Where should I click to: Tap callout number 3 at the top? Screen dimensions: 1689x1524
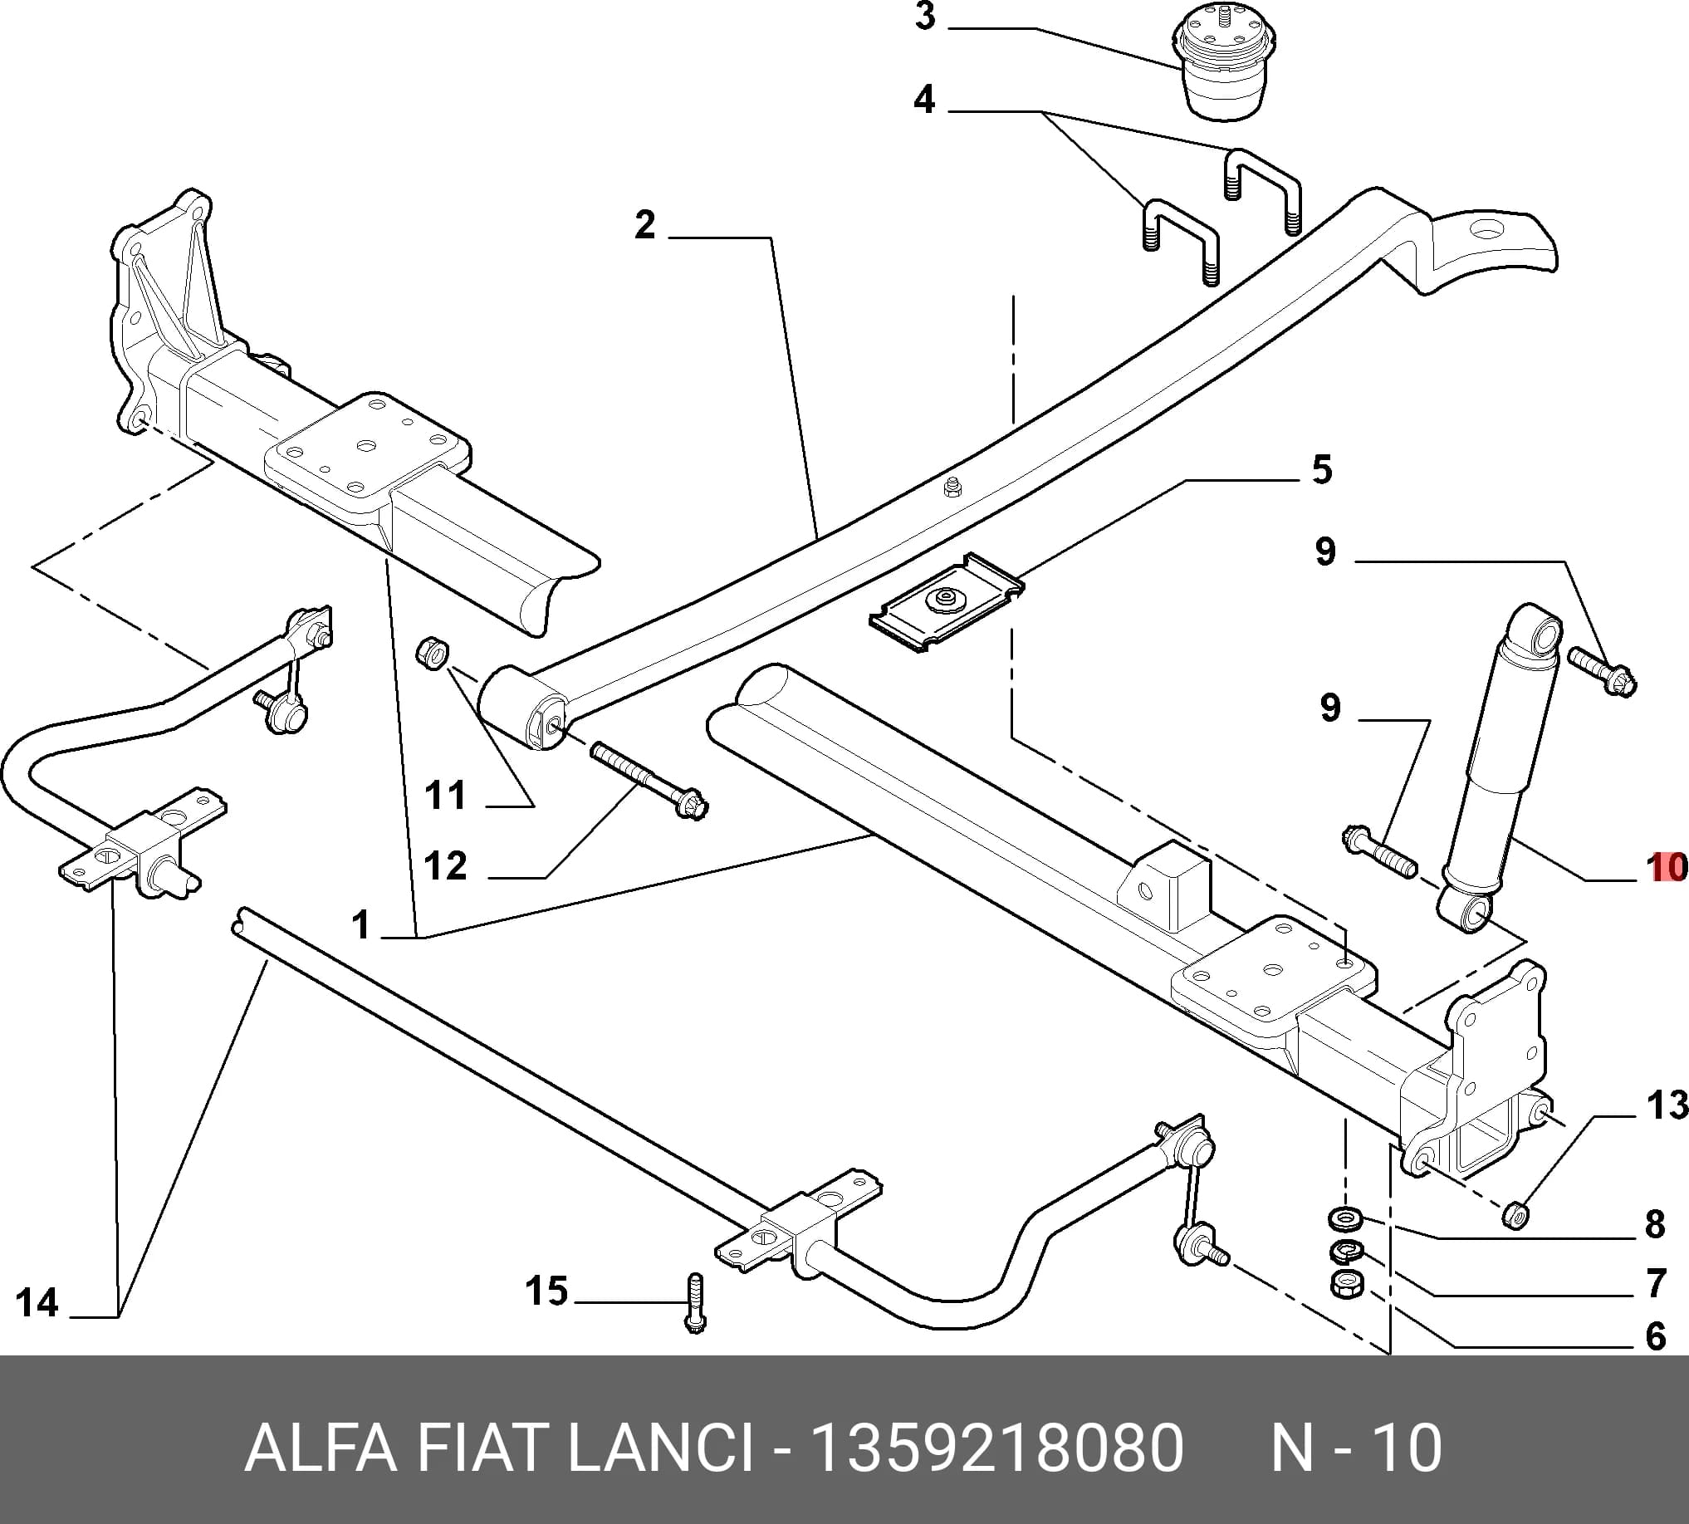(924, 16)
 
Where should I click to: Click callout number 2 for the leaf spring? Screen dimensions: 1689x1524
(644, 224)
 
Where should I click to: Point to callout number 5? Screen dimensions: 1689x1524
(1321, 470)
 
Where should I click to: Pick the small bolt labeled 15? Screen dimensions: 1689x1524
(695, 1302)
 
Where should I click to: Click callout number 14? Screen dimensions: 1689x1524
(37, 1303)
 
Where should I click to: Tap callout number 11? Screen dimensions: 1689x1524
(444, 795)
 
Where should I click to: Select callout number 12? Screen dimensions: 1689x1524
(444, 866)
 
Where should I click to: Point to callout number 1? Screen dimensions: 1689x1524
(361, 925)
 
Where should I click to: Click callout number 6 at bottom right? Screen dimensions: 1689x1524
(1656, 1336)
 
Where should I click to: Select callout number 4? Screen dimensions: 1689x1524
(924, 99)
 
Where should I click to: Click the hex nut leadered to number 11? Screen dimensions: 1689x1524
(432, 652)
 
